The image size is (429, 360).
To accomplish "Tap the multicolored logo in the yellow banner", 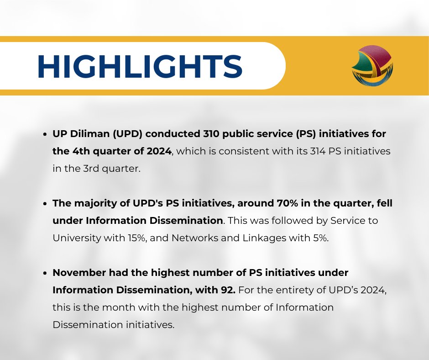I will pyautogui.click(x=372, y=66).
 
